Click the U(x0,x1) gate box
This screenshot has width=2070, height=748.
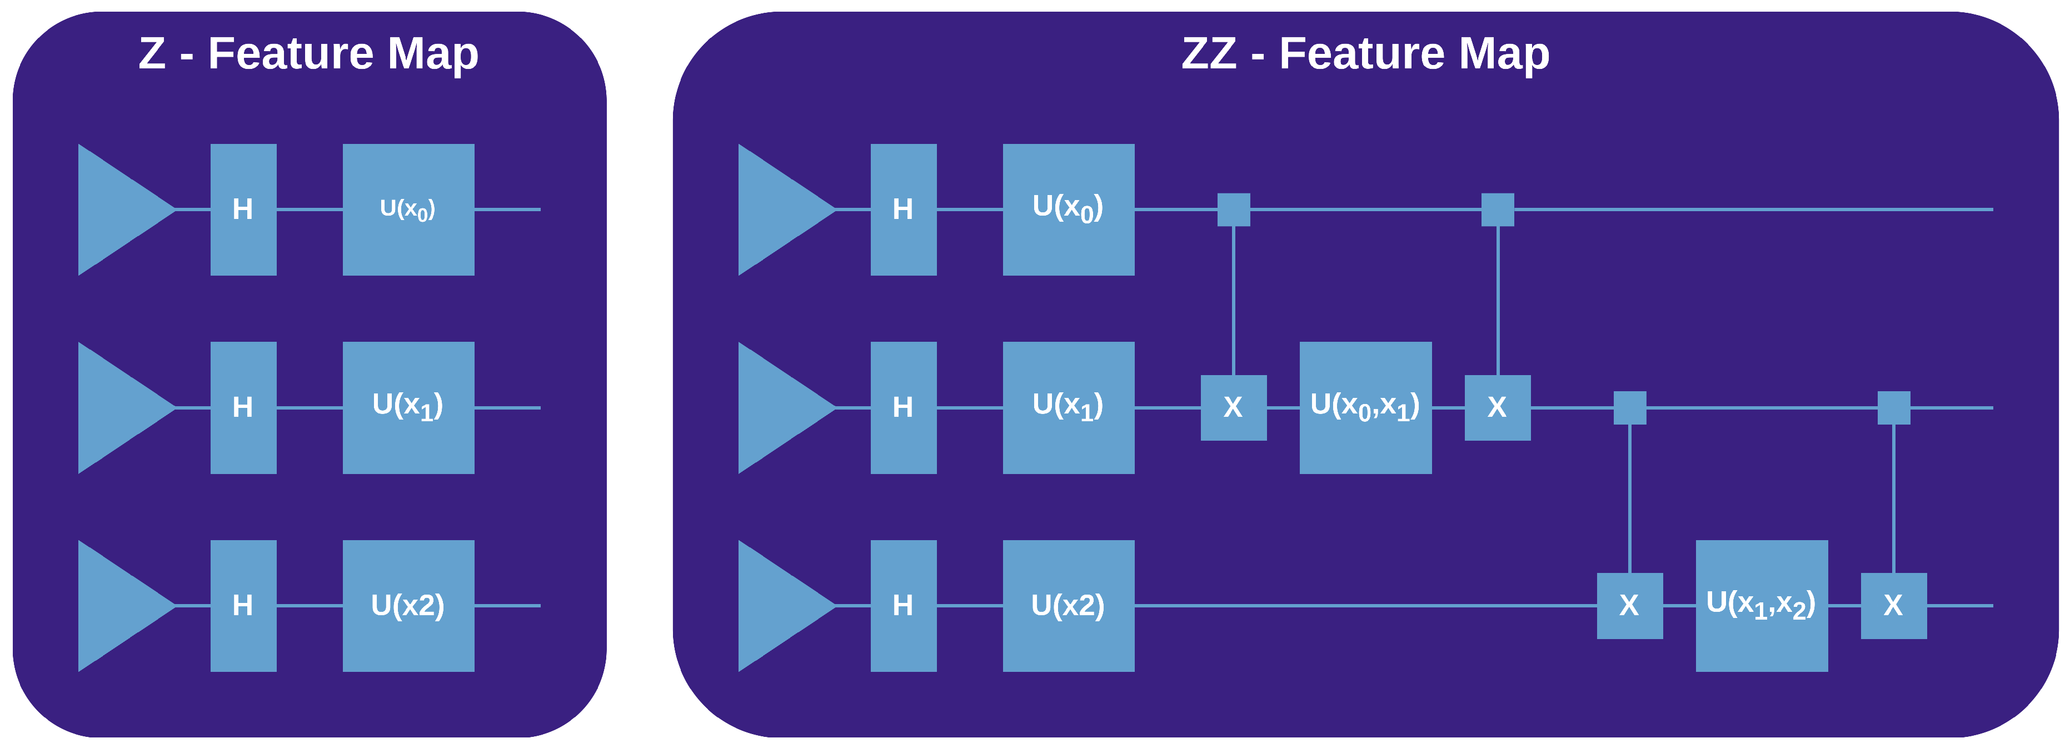pos(1365,407)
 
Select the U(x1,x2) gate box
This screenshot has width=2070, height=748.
pos(1762,605)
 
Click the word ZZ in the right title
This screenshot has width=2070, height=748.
pos(1209,54)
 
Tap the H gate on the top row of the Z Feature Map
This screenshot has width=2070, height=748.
pos(243,210)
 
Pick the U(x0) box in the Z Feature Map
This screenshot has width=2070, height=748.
pos(408,210)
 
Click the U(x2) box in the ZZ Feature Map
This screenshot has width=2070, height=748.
pos(1068,605)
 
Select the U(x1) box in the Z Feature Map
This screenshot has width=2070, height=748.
pos(408,407)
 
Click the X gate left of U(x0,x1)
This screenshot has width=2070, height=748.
pos(1234,407)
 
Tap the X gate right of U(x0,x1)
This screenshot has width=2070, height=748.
pos(1497,407)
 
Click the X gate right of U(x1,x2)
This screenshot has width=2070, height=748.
pos(1893,605)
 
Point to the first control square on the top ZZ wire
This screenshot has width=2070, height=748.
pos(1234,210)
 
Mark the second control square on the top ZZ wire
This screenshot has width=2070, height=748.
pos(1497,210)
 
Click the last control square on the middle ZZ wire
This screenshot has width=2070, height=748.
pos(1893,407)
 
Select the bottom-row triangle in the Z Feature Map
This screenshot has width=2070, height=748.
pos(117,605)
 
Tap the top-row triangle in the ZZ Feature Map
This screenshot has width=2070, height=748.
pos(776,210)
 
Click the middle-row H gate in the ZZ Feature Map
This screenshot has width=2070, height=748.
pos(903,407)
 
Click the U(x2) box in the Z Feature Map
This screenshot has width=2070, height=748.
pos(408,605)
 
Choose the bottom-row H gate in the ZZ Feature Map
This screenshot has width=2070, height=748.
pos(903,605)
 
